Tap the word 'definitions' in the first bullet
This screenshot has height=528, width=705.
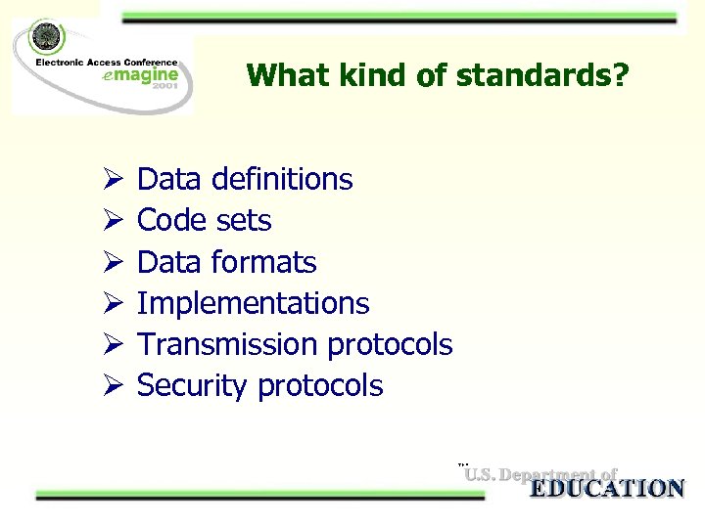tap(285, 179)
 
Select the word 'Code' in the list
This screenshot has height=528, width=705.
tap(168, 220)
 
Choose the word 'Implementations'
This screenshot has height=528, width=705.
tap(254, 303)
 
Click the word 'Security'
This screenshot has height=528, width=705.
tap(192, 385)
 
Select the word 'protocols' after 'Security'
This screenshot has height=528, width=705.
tap(320, 385)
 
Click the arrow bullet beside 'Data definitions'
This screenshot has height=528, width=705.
tap(111, 180)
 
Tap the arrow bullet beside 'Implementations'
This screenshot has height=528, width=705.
tap(111, 304)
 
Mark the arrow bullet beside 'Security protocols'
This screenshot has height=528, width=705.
tap(111, 386)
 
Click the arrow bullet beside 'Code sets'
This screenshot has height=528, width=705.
tap(111, 221)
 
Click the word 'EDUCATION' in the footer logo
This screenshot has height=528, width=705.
tap(607, 489)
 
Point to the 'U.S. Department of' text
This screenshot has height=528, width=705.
tap(540, 475)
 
